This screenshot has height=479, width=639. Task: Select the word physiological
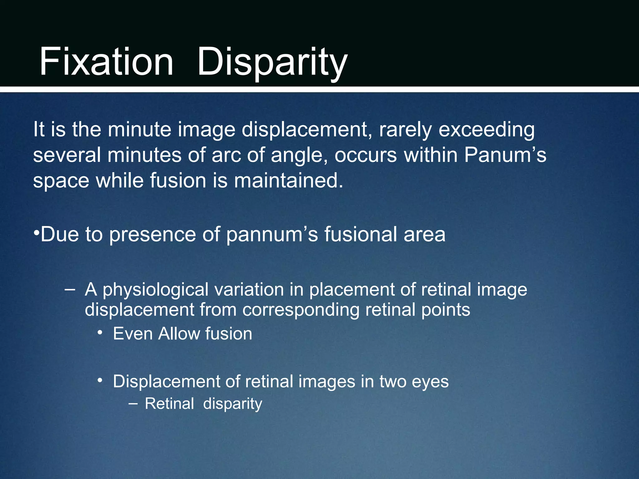[155, 290]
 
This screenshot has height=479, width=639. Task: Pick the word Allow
[178, 334]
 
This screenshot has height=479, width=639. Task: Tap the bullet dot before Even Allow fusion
[100, 333]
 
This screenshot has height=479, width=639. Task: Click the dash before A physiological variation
[70, 289]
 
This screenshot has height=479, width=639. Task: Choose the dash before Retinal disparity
[133, 404]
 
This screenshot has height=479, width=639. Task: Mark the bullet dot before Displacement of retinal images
[100, 380]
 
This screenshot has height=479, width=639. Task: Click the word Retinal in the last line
[169, 404]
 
